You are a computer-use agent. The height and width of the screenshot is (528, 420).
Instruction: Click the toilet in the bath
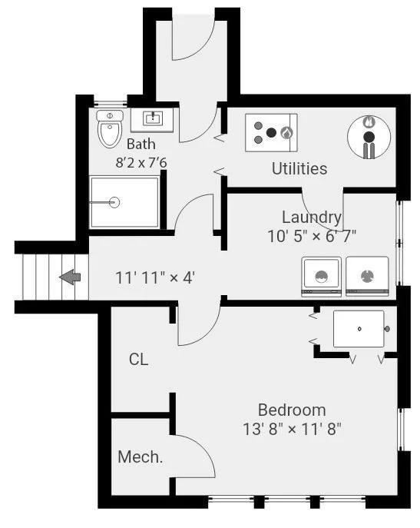coord(109,129)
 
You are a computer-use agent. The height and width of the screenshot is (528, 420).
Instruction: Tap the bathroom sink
coord(152,120)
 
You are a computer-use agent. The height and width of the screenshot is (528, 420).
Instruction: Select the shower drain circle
coord(114,202)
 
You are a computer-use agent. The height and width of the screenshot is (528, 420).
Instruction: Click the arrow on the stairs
coord(70,277)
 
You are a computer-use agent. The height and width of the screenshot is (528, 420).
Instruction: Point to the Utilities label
coord(299,169)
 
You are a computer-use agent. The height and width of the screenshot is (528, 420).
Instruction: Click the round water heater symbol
coord(369,137)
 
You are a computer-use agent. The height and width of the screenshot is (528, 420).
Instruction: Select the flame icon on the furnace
coord(286,133)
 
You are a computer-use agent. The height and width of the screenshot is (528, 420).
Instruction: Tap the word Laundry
coord(312,218)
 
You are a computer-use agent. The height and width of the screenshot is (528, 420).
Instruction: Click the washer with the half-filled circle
coord(322,277)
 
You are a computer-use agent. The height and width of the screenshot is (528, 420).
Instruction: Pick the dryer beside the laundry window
coord(367,277)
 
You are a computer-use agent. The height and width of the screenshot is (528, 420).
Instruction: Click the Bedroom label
coord(292,410)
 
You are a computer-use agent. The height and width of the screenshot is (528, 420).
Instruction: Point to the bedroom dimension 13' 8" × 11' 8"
coord(292,430)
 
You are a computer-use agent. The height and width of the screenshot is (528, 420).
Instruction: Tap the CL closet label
coord(138,360)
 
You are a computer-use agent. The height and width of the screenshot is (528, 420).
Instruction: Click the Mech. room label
coord(140,457)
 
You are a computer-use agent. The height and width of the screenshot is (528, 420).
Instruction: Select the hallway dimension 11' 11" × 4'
coord(155,278)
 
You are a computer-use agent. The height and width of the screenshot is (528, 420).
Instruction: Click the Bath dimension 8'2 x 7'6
coord(141,163)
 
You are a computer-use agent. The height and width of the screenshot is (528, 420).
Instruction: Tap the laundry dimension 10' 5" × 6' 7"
coord(312,236)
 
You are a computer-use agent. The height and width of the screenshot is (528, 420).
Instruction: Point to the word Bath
coord(141,144)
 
